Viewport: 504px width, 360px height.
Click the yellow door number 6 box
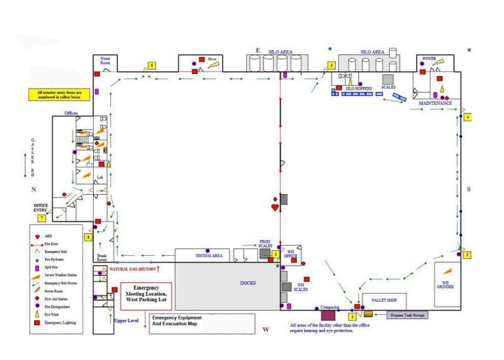151,66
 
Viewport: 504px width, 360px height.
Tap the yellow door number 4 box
467,117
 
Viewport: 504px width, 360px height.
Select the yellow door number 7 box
42,218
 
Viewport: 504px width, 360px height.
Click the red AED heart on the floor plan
275,208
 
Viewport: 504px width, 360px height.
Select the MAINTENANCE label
435,103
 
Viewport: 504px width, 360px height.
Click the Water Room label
106,60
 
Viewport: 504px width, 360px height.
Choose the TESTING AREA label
209,255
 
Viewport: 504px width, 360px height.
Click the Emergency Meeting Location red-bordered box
146,296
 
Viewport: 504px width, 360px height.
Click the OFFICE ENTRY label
41,208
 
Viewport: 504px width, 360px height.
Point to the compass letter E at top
258,50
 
